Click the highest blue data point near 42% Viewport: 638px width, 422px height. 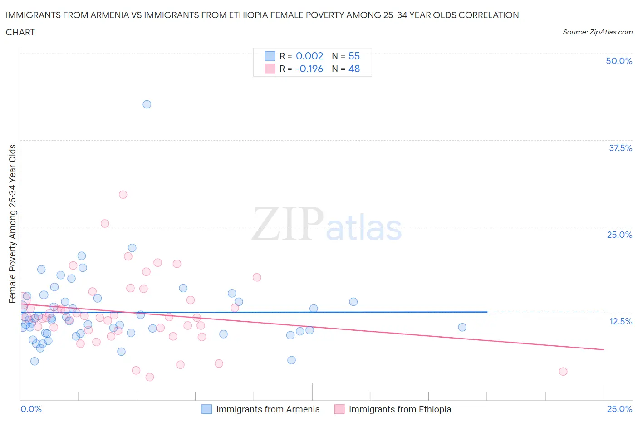click(147, 104)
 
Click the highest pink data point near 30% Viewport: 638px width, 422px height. click(123, 195)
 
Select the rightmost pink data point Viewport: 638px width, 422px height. click(563, 372)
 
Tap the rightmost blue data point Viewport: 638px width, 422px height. click(462, 327)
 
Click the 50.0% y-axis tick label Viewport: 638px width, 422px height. click(619, 61)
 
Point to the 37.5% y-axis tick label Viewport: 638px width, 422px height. click(620, 148)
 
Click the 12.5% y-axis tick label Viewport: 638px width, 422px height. click(620, 321)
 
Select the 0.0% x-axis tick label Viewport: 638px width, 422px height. click(31, 409)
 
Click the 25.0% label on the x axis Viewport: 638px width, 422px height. click(619, 409)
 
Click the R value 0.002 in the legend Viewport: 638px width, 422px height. click(309, 56)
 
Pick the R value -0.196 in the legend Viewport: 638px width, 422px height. click(309, 69)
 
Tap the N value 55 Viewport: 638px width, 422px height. click(354, 56)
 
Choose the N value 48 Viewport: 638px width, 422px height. click(354, 69)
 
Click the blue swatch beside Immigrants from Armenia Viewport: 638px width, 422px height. click(206, 409)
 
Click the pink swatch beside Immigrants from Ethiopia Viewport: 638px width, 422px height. click(339, 409)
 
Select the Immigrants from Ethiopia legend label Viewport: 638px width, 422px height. click(400, 409)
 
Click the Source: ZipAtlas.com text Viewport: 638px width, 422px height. click(598, 32)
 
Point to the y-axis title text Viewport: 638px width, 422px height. click(12, 224)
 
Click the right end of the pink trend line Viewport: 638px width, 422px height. click(604, 349)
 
